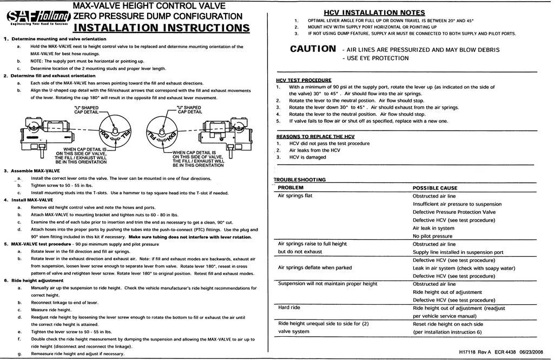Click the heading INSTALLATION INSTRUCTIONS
coord(161,28)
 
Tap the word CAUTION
coord(313,49)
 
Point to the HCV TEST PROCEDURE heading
coord(304,80)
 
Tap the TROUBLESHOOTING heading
coord(300,180)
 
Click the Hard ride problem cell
coord(289,307)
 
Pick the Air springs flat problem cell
coord(295,196)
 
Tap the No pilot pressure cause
coord(432,236)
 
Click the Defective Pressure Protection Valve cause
coord(454,212)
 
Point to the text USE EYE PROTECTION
coord(378,58)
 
